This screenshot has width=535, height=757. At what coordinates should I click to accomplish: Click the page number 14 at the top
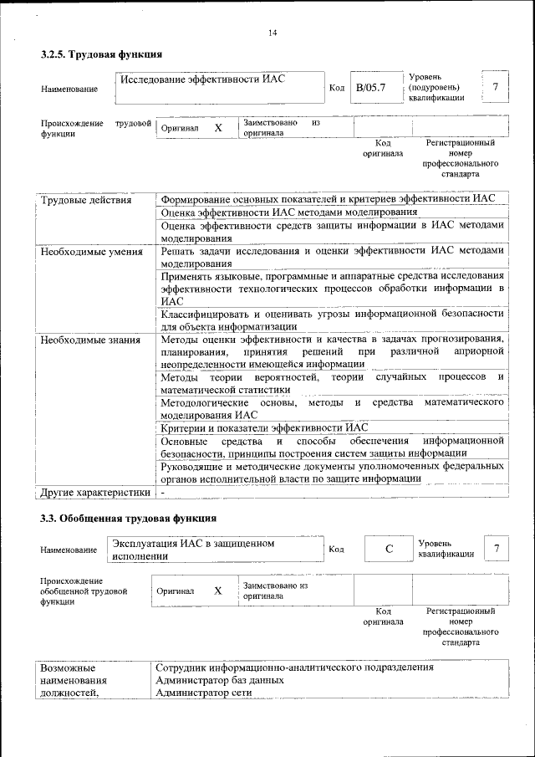tap(273, 33)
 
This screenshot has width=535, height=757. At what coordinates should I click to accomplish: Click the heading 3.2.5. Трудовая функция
tap(101, 54)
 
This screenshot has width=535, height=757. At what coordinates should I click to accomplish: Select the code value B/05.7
tap(369, 88)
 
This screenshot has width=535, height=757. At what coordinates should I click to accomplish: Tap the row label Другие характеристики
tap(94, 492)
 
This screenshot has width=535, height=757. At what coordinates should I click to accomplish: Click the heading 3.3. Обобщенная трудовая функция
tap(129, 518)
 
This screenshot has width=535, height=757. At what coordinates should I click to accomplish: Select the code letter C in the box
tap(388, 549)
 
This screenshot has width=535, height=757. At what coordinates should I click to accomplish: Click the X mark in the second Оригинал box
tap(218, 591)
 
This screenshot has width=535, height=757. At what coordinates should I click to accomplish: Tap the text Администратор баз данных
tap(220, 680)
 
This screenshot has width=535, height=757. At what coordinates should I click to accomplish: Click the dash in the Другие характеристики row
tap(165, 492)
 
